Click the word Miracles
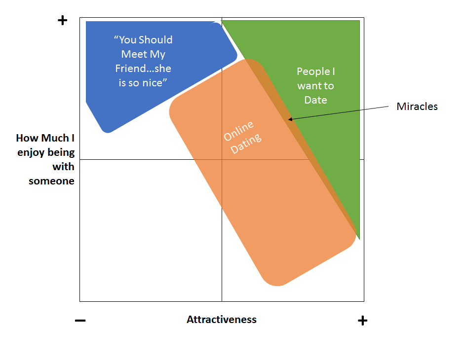point(417,107)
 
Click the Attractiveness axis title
point(221,320)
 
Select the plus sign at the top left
point(62,21)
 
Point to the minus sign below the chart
point(80,321)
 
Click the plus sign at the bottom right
point(362,321)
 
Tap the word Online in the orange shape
point(239,129)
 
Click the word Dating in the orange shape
point(246,143)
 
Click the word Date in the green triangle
point(316,100)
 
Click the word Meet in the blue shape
point(134,54)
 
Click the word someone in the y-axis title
point(51,181)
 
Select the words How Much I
point(45,138)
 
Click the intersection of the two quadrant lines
point(222,159)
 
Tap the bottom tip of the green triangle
point(359,239)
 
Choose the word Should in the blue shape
point(155,40)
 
